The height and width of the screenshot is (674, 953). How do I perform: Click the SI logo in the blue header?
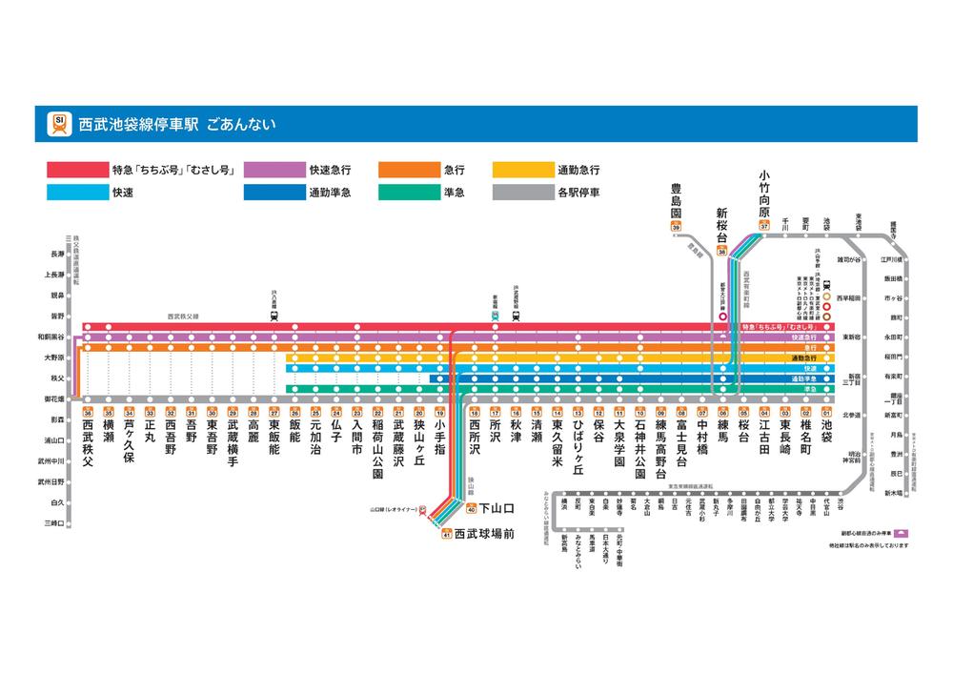(x=60, y=123)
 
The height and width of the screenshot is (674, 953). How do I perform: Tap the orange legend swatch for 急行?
(x=406, y=170)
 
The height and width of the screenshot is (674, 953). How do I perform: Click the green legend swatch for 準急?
(x=406, y=192)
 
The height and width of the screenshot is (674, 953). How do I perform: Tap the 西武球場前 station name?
(x=484, y=534)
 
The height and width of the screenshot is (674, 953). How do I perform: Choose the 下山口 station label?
(x=496, y=508)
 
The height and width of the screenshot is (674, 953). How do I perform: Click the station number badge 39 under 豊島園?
(x=676, y=227)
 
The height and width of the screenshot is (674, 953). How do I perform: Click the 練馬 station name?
(x=723, y=426)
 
